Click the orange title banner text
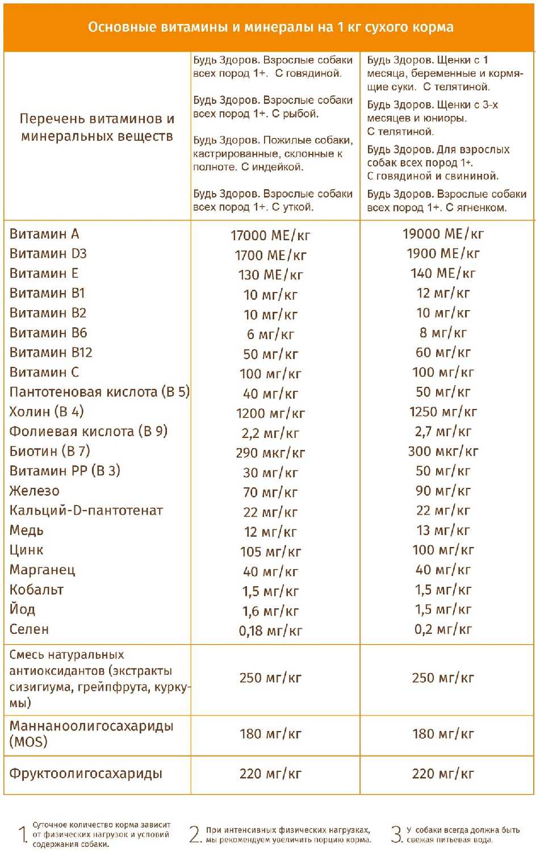click(270, 27)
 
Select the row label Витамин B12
click(51, 353)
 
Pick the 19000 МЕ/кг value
click(443, 234)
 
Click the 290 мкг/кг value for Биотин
click(270, 453)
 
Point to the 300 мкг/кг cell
click(443, 452)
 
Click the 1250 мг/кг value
click(443, 412)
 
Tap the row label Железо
click(34, 491)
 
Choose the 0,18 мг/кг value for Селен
click(270, 631)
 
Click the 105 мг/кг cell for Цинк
click(270, 552)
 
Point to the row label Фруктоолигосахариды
click(86, 774)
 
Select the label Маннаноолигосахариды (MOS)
click(91, 734)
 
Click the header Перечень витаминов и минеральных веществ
click(97, 127)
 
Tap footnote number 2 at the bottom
click(195, 834)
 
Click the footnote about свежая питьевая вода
click(463, 834)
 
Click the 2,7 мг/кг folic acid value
click(443, 432)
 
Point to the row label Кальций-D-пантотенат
click(86, 511)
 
